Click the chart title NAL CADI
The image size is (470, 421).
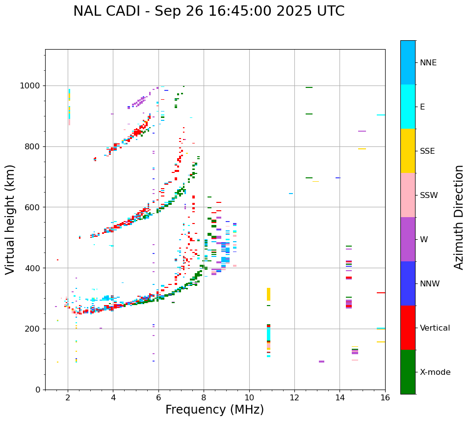[x=209, y=11]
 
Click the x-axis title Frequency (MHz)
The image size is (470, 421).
[x=214, y=410]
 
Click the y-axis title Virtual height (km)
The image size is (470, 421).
[x=10, y=219]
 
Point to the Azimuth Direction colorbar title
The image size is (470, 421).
[x=459, y=217]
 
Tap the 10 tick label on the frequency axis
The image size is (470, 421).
[x=249, y=397]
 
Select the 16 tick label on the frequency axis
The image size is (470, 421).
[x=385, y=397]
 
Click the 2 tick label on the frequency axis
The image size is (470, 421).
[x=68, y=397]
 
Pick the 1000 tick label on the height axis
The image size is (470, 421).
[x=30, y=86]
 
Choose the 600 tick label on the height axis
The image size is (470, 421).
[x=33, y=207]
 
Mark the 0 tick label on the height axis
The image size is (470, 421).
[x=38, y=390]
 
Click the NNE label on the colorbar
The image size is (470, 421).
[x=428, y=63]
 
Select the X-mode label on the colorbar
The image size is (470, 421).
[x=435, y=372]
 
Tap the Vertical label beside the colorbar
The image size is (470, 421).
[x=435, y=328]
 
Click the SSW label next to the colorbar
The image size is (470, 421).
[x=429, y=196]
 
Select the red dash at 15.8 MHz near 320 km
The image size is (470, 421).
[x=381, y=293]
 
